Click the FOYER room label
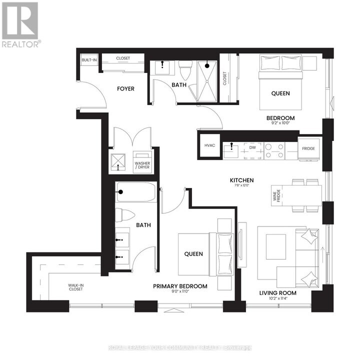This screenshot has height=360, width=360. (125, 88)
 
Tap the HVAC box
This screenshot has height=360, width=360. (209, 146)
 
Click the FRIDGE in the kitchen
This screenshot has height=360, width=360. (308, 148)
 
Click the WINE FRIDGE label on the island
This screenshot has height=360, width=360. (276, 194)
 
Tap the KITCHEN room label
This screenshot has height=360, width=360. (242, 180)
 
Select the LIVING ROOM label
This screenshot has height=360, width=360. (278, 293)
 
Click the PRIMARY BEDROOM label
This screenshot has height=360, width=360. (180, 286)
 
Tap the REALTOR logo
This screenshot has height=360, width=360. (20, 25)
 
